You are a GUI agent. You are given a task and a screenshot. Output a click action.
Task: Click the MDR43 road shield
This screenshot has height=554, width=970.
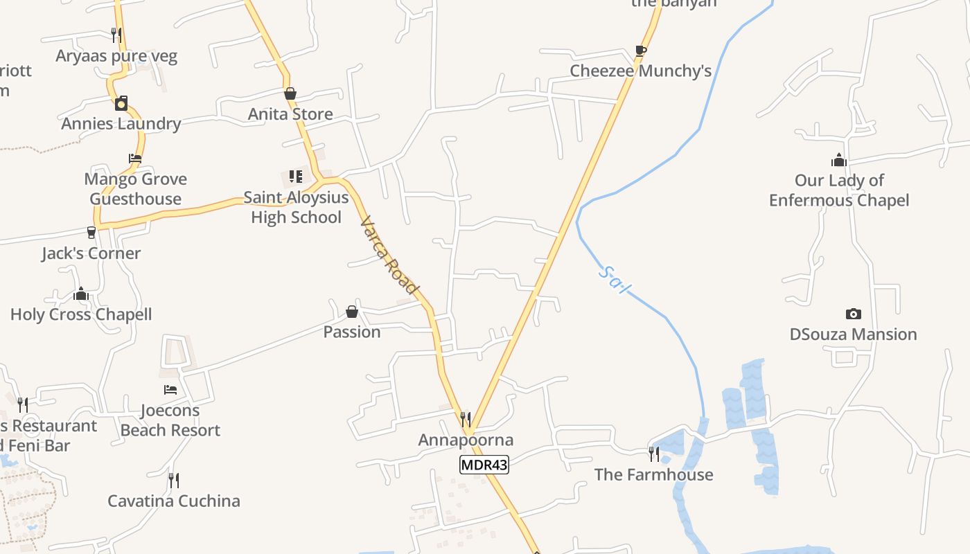click(x=484, y=465)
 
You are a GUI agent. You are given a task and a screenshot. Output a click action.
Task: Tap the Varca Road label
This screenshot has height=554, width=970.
click(x=389, y=255)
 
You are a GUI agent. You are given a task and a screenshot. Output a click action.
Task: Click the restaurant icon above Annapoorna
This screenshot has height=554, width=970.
click(x=466, y=419)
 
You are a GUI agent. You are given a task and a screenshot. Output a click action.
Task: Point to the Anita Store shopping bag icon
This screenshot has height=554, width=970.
click(x=290, y=93)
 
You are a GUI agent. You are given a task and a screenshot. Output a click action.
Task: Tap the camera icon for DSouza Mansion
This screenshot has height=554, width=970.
click(x=853, y=314)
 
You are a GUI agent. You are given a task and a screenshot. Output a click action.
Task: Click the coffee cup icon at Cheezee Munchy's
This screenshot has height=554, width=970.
click(x=641, y=51)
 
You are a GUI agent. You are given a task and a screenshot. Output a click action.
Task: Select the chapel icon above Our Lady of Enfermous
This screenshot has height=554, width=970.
click(x=839, y=160)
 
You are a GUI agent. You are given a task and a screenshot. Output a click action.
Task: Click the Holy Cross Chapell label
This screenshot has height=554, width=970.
click(x=81, y=314)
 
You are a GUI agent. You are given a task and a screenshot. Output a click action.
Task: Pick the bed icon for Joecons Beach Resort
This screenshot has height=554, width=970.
click(x=170, y=390)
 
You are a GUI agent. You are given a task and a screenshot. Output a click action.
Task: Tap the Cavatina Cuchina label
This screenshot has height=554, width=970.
click(x=174, y=501)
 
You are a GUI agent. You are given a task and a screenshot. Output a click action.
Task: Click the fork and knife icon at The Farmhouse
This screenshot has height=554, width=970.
click(x=653, y=454)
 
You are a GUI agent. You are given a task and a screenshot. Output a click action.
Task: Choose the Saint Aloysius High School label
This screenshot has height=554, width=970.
click(x=296, y=207)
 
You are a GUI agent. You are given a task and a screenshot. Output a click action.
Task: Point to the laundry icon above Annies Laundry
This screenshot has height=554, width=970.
click(x=121, y=104)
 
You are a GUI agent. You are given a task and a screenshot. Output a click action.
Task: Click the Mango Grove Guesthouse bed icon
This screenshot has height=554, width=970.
click(x=135, y=159)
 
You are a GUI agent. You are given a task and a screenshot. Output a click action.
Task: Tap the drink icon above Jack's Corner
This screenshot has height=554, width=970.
click(x=91, y=233)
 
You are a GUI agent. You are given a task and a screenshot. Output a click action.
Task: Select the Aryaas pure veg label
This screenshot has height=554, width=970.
click(x=116, y=56)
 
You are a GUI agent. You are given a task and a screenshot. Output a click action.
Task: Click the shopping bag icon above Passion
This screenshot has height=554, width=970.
click(x=352, y=312)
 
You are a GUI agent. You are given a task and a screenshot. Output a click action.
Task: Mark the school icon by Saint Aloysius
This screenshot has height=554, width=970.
click(x=296, y=177)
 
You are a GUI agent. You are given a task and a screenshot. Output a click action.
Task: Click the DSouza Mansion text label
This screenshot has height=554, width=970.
click(x=853, y=334)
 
